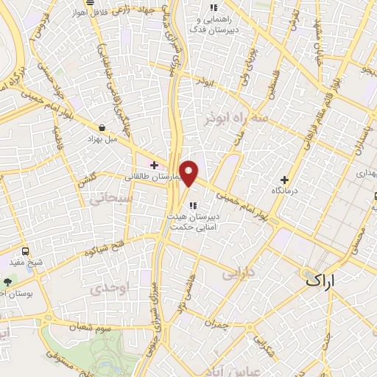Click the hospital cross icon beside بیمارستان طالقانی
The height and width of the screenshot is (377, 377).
click(x=154, y=165)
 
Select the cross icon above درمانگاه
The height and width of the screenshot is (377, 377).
click(x=284, y=180)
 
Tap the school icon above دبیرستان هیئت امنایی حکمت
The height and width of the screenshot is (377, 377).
click(x=192, y=205)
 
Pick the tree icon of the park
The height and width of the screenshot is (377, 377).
click(x=7, y=281)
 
